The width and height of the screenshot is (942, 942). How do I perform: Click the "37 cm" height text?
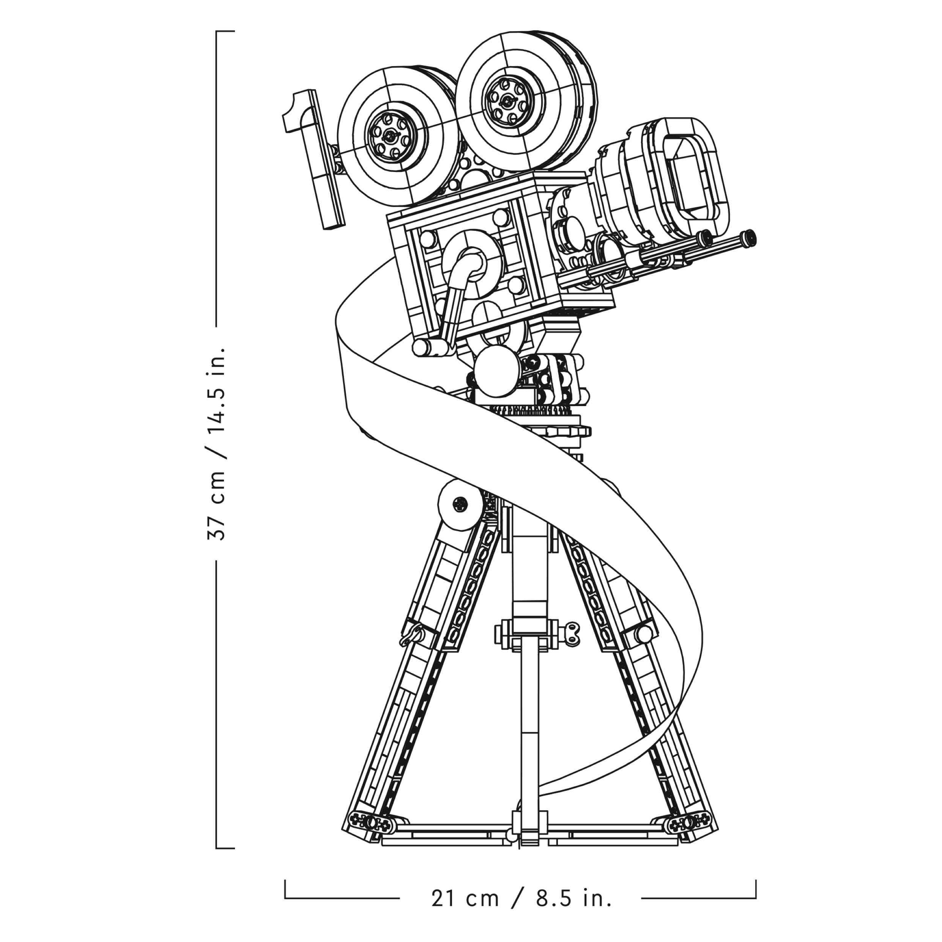click(216, 505)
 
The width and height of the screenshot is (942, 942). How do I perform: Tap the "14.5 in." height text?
click(216, 391)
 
